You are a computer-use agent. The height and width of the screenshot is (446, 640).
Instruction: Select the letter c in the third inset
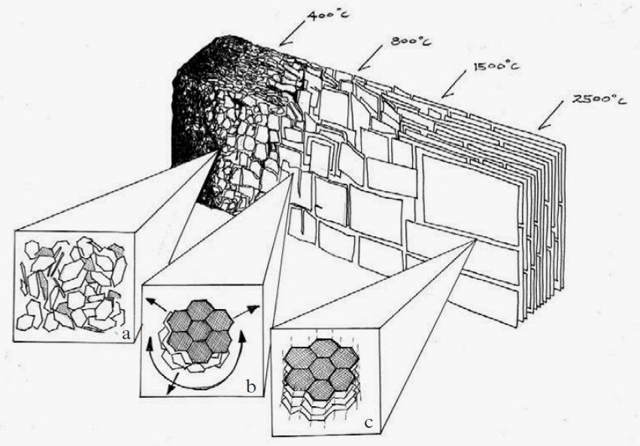point(369,423)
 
